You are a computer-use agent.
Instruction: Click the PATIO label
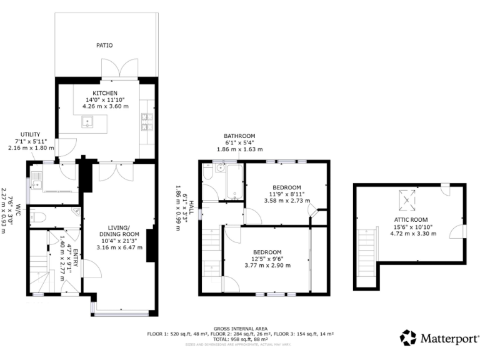coord(104,46)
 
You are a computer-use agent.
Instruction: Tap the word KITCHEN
coord(105,94)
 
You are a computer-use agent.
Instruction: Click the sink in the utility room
coord(37,184)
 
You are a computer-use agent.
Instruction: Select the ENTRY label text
coord(76,258)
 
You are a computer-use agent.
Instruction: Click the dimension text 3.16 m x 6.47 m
coord(121,247)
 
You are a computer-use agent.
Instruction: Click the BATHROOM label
coord(240,136)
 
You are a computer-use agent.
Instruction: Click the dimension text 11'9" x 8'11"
coord(286,194)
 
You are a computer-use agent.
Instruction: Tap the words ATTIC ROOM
coord(410,220)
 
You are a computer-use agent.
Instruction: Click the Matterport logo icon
coord(407,337)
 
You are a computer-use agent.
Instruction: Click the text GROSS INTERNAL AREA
coord(241,327)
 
